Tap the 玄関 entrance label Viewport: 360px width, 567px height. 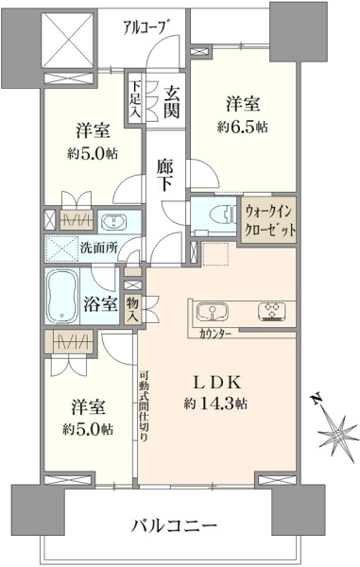171,103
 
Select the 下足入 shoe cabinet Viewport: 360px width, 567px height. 135,98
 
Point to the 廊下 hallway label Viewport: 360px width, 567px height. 165,175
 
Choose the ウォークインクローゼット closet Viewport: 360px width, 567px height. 269,220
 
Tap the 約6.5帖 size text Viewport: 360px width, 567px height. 243,127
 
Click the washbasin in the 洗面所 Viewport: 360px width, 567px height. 113,220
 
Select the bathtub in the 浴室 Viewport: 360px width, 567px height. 62,296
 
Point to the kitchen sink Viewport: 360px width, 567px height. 213,311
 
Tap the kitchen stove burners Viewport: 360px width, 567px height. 272,312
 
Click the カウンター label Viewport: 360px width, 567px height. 215,334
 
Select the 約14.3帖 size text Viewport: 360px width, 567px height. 215,404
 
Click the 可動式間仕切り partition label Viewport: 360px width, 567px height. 144,406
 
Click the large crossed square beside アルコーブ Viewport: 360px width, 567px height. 68,41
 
